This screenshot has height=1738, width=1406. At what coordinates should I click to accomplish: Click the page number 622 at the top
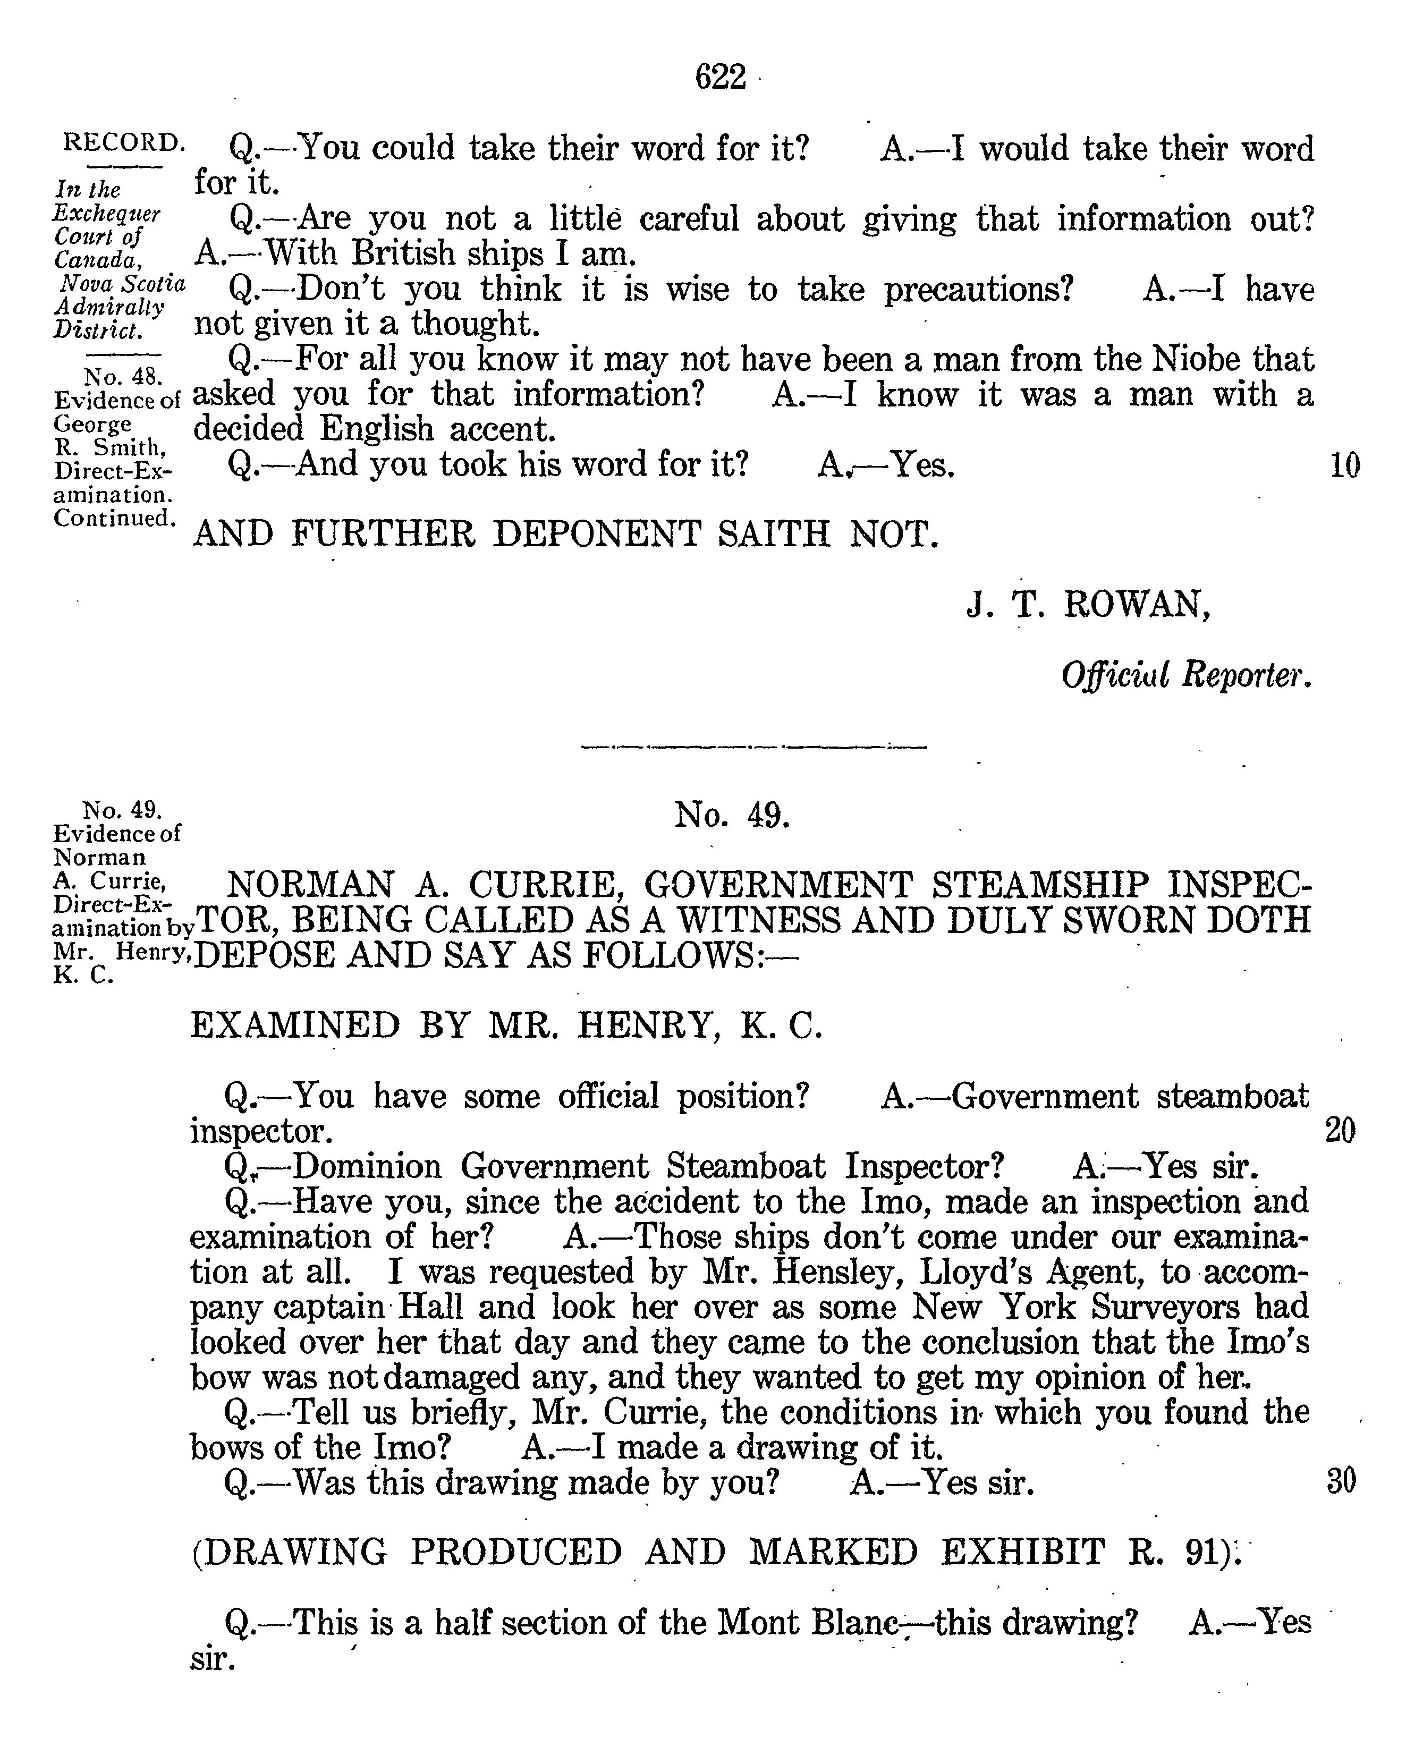720,78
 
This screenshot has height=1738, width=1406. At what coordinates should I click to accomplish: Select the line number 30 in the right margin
1341,1481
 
